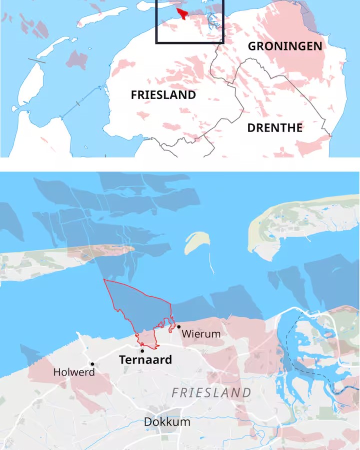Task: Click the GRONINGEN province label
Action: point(285,46)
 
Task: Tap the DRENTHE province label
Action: point(275,127)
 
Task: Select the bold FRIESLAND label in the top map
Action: point(163,95)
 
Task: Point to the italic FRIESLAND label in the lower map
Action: point(211,392)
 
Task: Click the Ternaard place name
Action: point(145,359)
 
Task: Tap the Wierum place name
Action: point(201,333)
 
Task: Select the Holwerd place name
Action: point(74,372)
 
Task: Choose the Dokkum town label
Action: point(167,421)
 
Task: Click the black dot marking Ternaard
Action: point(142,350)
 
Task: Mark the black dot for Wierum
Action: point(178,326)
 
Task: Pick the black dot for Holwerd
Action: point(92,364)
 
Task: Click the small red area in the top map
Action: point(183,12)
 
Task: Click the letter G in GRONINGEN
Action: point(253,46)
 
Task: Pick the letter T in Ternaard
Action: point(122,359)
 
